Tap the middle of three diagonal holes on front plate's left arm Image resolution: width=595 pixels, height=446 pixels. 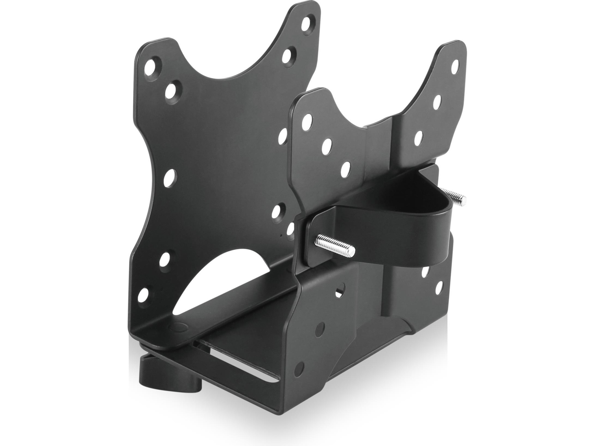click(x=326, y=145)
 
